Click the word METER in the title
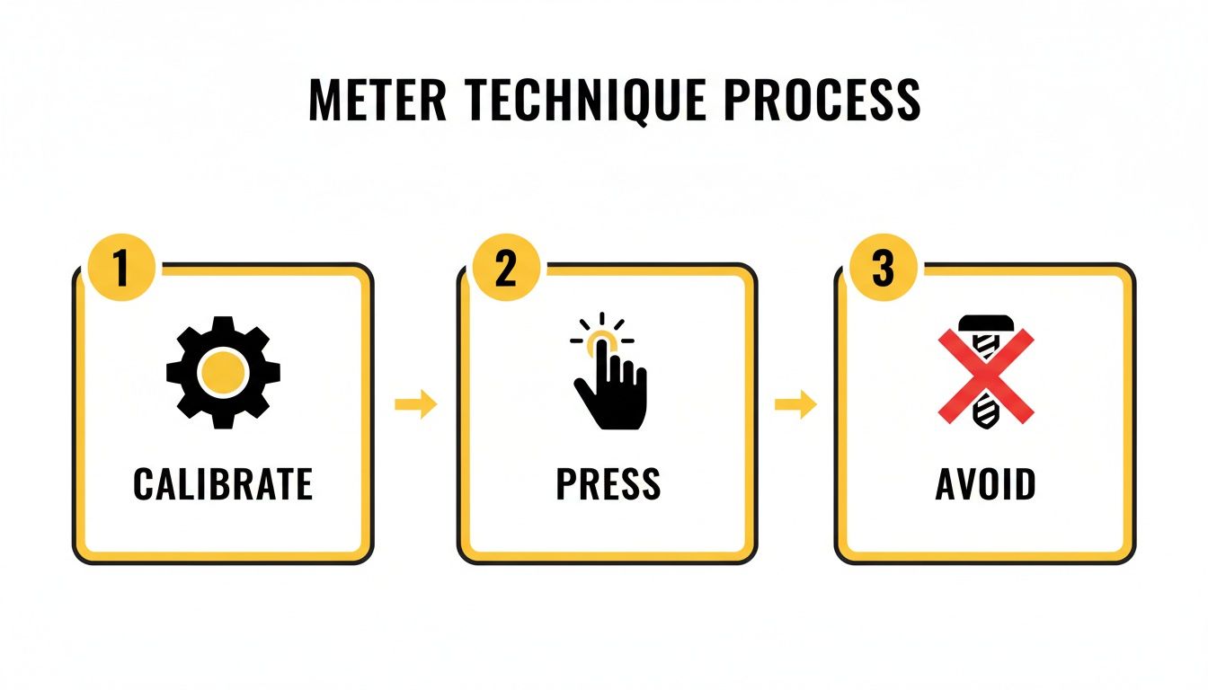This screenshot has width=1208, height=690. click(377, 100)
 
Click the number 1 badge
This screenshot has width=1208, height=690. click(121, 270)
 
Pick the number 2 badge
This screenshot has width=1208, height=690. click(506, 270)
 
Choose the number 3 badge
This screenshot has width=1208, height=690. click(883, 270)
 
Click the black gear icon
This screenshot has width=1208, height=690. click(223, 371)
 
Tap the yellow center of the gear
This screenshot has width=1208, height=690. click(223, 371)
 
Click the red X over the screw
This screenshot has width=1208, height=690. click(986, 376)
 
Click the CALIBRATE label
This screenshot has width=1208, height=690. click(223, 485)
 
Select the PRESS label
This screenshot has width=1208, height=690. click(608, 485)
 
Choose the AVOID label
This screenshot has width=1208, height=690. click(986, 485)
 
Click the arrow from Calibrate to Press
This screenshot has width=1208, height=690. click(416, 404)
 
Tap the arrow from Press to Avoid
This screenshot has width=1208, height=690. click(795, 404)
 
